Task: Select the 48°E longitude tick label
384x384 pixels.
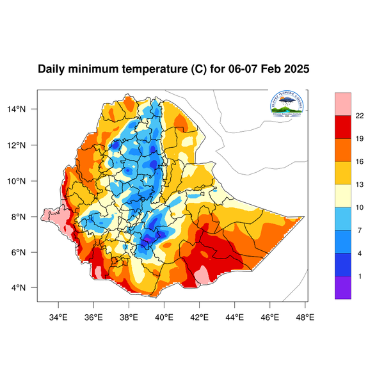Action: coord(305,316)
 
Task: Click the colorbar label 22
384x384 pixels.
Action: coord(360,116)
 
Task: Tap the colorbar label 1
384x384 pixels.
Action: coord(360,276)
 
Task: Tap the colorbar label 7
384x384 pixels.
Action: coord(360,230)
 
